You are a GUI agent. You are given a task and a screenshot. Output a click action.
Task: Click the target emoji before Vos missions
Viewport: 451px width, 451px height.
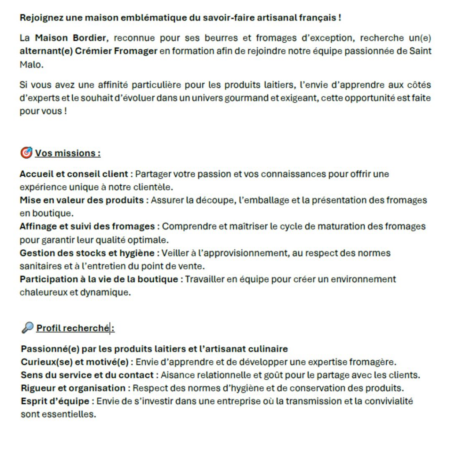[26, 153]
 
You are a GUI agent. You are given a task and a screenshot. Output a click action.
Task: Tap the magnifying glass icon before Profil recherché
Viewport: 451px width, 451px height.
[27, 328]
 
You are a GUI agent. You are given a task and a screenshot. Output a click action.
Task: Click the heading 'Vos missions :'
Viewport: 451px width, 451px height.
[68, 153]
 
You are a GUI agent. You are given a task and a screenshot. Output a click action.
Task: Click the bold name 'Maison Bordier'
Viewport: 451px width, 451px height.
[70, 38]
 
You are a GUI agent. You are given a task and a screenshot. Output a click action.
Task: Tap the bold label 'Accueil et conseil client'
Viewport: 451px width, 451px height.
[74, 174]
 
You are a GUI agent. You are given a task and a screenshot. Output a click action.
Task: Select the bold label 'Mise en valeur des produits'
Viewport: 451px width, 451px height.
[81, 200]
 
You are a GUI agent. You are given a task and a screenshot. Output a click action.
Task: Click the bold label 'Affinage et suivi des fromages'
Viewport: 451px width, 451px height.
[87, 226]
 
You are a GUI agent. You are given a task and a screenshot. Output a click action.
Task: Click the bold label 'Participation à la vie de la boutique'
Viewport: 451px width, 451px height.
[99, 279]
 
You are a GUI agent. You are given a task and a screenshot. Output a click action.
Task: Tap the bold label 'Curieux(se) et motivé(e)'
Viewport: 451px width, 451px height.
[74, 362]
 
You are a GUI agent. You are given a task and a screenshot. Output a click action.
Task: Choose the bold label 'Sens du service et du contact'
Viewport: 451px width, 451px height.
[87, 375]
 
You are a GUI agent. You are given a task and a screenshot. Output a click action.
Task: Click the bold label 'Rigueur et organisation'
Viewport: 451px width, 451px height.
[73, 388]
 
